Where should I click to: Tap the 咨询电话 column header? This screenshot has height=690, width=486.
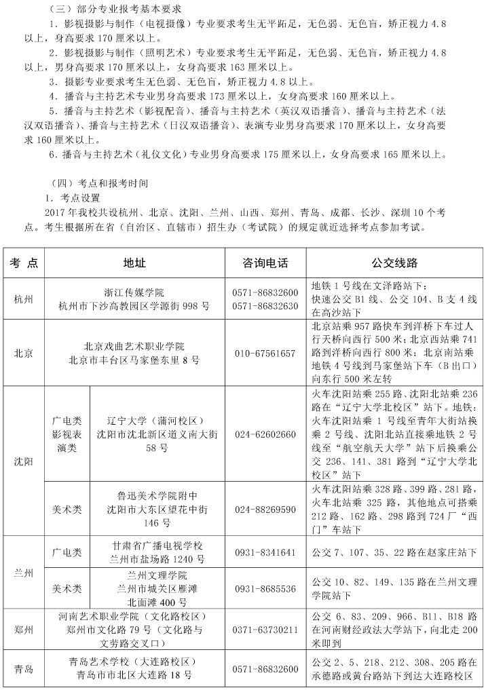pos(265,263)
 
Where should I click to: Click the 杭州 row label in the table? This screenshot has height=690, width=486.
pos(24,299)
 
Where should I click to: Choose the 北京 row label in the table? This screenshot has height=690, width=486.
pos(24,353)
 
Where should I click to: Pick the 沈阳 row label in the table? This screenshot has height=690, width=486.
pos(24,461)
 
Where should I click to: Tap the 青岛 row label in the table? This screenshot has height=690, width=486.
pos(24,669)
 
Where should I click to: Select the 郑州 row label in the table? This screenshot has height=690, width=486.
pos(24,629)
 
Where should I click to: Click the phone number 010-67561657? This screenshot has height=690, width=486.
pos(265,353)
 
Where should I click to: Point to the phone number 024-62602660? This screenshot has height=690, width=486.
pos(265,434)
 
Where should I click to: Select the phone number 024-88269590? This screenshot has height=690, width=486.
pos(265,509)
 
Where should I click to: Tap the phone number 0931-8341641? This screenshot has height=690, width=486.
pos(265,552)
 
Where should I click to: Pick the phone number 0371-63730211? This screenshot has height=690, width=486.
pos(265,629)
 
